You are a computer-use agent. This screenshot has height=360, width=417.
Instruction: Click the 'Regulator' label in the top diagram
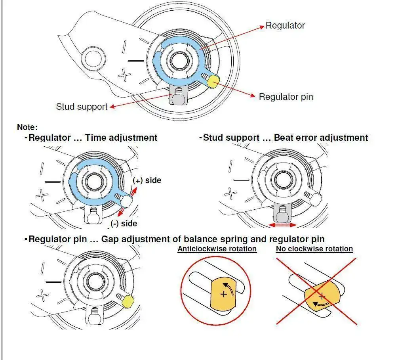point(285,25)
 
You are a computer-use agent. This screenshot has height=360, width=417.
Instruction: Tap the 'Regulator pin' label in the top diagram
point(286,97)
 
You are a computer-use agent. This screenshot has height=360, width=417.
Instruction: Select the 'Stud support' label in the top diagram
point(82,107)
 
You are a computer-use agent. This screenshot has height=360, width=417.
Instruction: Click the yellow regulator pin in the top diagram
point(213,82)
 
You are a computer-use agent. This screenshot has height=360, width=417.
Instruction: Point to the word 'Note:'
point(27,127)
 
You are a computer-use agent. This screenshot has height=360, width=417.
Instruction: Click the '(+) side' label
point(147,180)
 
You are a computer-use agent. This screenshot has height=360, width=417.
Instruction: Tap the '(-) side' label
point(124,223)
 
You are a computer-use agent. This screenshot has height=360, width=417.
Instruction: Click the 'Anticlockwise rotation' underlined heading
point(217,249)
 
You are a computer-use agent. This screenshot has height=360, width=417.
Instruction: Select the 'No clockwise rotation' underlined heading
point(314,249)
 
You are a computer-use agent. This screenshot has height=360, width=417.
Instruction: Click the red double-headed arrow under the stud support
point(282,225)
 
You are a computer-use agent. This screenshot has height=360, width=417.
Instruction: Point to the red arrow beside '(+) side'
point(134,192)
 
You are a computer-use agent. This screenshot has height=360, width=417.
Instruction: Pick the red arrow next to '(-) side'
point(121,212)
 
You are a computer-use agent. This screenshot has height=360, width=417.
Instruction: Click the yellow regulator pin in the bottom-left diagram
point(128,302)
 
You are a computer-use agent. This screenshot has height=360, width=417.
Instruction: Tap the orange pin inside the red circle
point(223,294)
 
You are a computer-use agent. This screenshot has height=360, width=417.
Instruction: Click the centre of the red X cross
point(317,291)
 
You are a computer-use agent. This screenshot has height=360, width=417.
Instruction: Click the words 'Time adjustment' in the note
point(121,138)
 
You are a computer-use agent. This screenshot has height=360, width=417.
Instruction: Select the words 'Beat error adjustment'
point(321,138)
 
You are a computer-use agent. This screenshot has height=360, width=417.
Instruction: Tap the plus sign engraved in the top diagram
point(124,75)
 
